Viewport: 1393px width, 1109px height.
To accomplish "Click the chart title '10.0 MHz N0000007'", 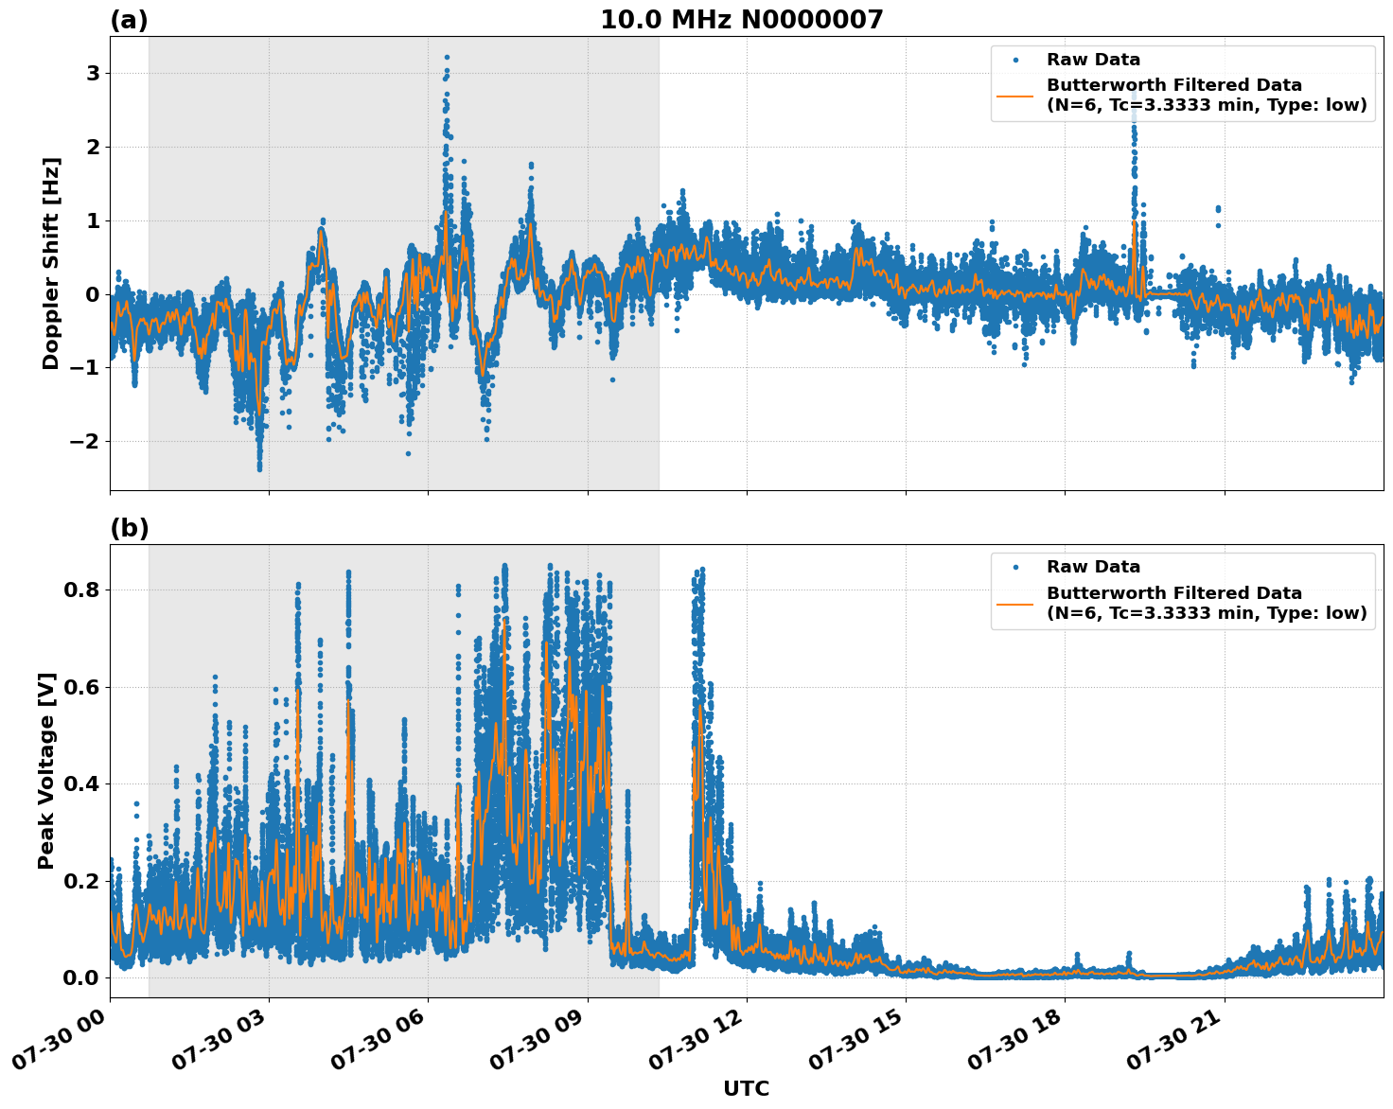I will point(741,20).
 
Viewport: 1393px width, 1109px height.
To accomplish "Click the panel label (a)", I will point(129,20).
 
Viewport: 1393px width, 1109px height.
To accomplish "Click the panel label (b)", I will point(129,528).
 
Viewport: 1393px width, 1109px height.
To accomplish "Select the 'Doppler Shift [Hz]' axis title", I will point(51,263).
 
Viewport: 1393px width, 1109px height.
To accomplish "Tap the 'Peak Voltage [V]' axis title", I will point(46,770).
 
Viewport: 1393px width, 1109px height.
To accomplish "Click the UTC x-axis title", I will point(746,1088).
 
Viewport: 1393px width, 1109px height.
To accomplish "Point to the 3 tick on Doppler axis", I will point(93,74).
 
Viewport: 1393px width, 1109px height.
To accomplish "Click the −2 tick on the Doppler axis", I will point(86,442).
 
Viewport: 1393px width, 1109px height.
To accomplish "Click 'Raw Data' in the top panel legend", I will point(1093,60).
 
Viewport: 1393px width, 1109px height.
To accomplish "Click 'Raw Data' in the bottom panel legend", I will point(1093,567).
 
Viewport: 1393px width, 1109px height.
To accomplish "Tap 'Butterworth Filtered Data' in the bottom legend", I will point(1173,593).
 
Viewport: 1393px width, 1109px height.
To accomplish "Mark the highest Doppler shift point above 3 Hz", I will point(447,58).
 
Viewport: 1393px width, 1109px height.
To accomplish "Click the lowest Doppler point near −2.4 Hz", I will point(259,467).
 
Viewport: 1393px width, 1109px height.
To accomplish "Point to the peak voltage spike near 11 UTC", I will point(701,570).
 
